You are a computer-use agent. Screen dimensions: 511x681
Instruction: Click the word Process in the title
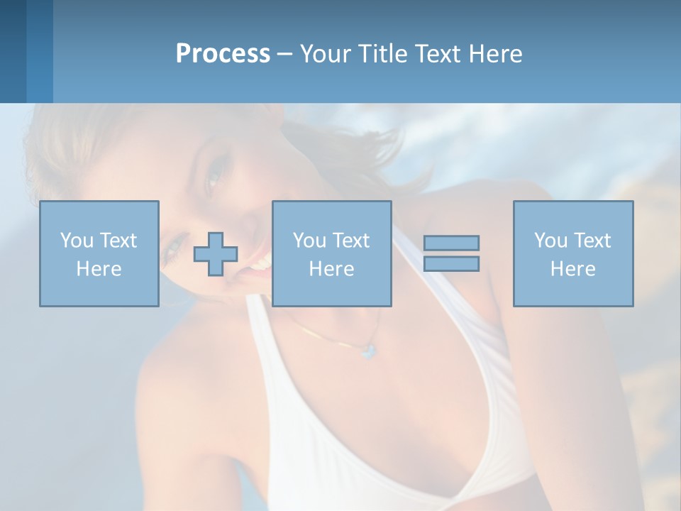[223, 54]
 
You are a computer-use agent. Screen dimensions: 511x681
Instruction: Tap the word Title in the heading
[383, 54]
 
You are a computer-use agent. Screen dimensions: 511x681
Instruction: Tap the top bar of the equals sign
[451, 243]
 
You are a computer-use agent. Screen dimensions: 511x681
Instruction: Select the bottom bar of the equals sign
[451, 263]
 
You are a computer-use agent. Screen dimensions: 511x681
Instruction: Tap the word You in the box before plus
[76, 241]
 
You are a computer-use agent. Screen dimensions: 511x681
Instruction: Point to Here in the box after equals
[572, 269]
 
